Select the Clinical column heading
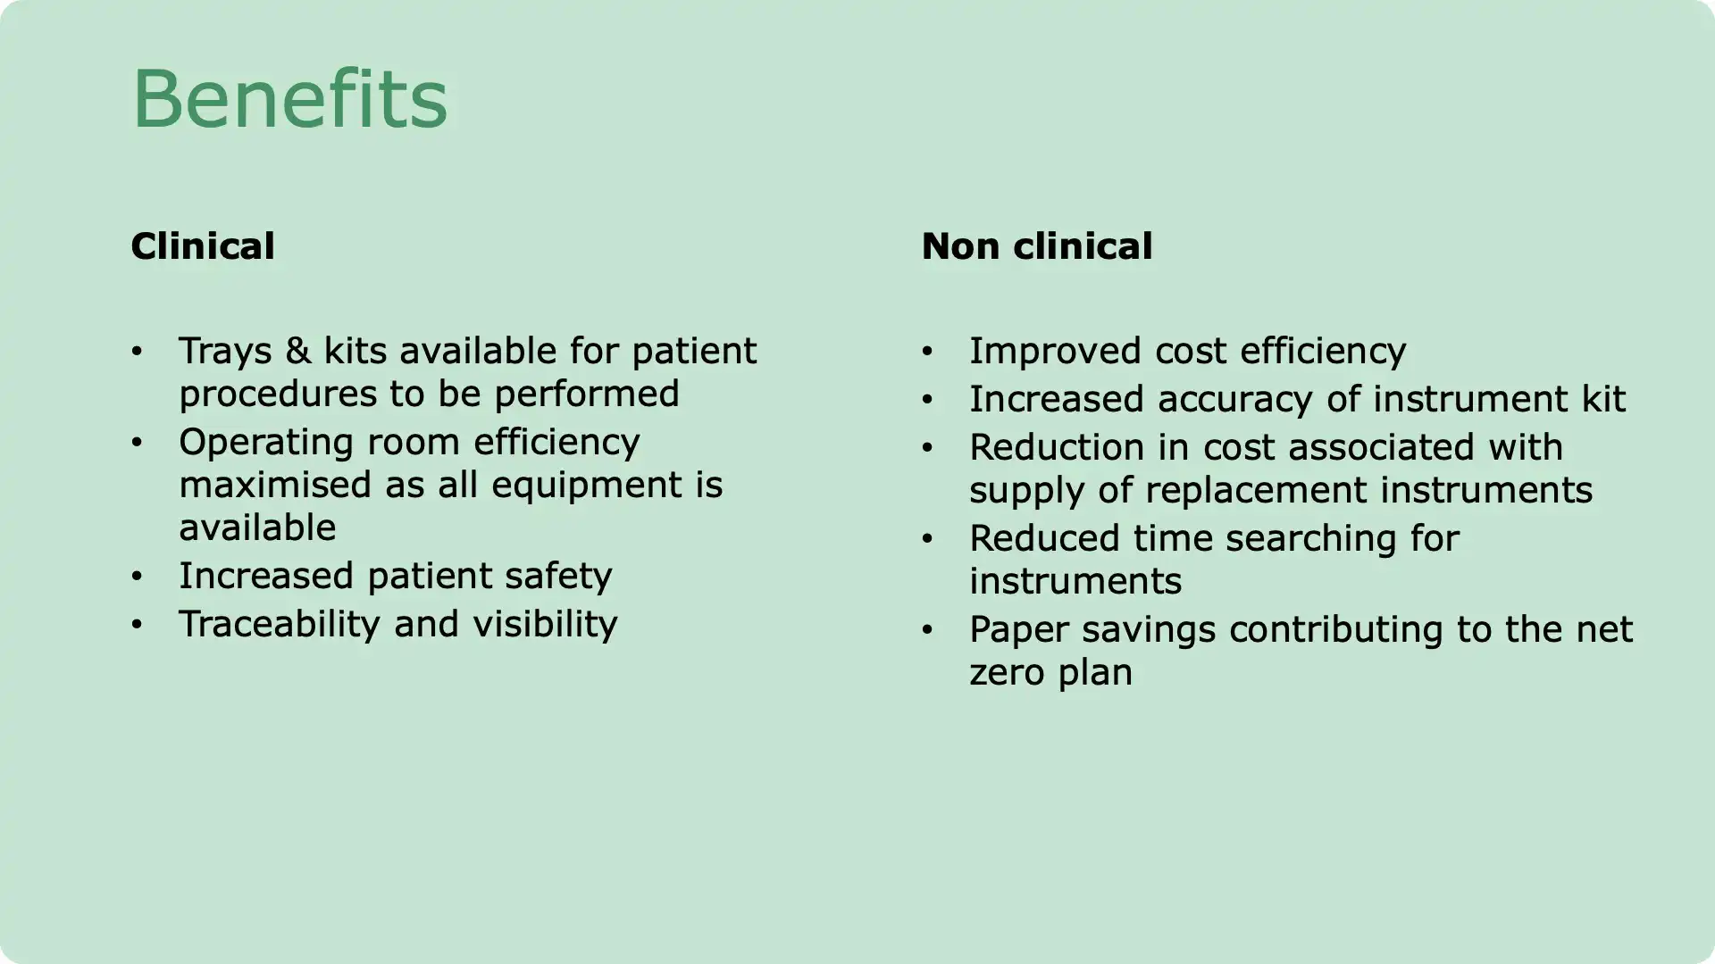click(203, 246)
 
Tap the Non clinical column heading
click(1037, 246)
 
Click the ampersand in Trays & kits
click(298, 351)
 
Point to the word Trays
click(225, 352)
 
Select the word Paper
click(1019, 630)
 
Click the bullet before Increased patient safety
click(137, 577)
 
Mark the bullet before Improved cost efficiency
click(927, 352)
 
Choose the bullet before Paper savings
click(927, 630)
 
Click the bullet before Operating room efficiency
click(137, 443)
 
